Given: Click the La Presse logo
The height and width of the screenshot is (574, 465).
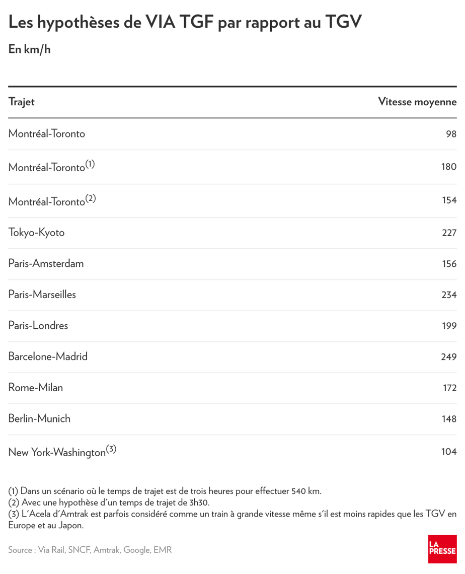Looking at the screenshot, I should (x=442, y=549).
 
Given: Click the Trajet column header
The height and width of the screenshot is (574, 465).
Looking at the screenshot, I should (x=21, y=102).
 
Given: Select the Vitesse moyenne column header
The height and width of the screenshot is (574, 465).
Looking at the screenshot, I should (x=417, y=102).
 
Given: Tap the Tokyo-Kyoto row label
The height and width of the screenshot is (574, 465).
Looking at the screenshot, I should (x=36, y=233).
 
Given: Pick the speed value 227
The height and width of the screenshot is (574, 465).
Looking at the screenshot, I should (x=449, y=233).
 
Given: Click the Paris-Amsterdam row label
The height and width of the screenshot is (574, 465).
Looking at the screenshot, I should (x=46, y=263).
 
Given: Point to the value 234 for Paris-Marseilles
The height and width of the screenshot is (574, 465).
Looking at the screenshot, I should (x=449, y=295).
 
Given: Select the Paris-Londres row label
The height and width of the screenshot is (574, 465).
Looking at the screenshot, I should (x=38, y=325).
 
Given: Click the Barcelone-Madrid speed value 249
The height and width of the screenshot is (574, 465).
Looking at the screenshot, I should (x=449, y=357).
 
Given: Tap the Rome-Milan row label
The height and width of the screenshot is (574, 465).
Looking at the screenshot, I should (x=35, y=388).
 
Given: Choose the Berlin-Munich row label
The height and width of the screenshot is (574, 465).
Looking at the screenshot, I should (x=39, y=418).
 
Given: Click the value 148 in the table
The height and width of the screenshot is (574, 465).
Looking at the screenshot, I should (x=449, y=419).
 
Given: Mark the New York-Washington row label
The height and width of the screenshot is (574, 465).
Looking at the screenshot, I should (x=57, y=452).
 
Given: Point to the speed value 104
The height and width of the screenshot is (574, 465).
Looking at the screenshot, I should (x=449, y=452).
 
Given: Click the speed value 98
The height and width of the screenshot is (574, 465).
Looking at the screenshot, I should (x=451, y=134).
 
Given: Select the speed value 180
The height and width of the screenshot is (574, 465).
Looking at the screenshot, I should (x=449, y=167).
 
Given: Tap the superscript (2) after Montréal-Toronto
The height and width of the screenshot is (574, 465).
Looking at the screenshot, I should (x=91, y=198).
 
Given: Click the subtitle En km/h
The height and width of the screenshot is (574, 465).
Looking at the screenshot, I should (x=30, y=50).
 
